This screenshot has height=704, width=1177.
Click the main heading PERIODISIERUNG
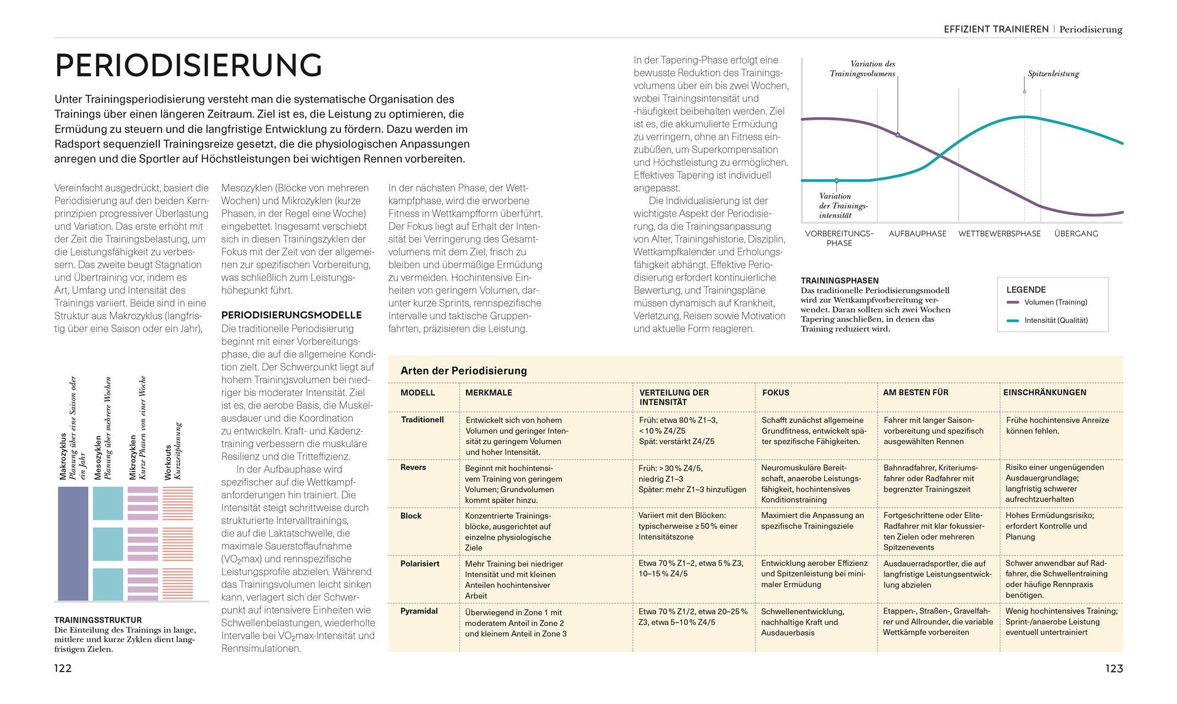pos(188,65)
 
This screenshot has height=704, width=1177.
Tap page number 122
pos(63,668)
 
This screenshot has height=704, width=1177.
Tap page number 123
pos(1114,668)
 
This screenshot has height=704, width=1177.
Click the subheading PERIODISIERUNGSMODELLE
pos(291,315)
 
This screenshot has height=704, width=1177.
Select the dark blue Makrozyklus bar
pos(73,543)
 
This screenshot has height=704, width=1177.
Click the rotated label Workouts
pos(169,462)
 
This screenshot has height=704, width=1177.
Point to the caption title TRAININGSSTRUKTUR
pos(98,620)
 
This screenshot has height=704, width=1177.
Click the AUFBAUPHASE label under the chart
pos(917,234)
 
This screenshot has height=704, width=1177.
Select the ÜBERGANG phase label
pos(1076,234)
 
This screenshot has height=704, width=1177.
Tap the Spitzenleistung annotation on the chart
pos(1053,74)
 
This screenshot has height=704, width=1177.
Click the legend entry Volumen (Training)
pos(1055,302)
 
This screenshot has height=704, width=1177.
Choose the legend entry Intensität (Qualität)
pos(1056,320)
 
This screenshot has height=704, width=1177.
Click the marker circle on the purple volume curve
pos(898,135)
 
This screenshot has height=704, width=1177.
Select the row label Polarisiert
pos(420,564)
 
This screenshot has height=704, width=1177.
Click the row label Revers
pos(413,468)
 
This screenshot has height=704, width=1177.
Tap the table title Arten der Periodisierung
pos(463,371)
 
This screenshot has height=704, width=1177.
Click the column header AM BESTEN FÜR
pos(915,392)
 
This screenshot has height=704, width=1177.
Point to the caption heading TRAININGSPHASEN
pos(840,280)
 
